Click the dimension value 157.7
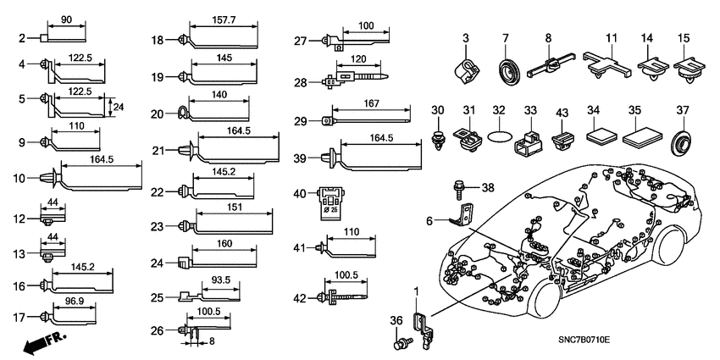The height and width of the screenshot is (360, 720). pyautogui.click(x=222, y=19)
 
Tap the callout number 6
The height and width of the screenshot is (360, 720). pyautogui.click(x=430, y=220)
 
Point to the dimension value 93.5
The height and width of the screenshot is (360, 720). pyautogui.click(x=220, y=280)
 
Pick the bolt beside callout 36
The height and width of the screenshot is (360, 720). pyautogui.click(x=399, y=345)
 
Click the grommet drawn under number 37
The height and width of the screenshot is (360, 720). pyautogui.click(x=678, y=141)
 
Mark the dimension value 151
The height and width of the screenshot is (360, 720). pyautogui.click(x=234, y=207)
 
